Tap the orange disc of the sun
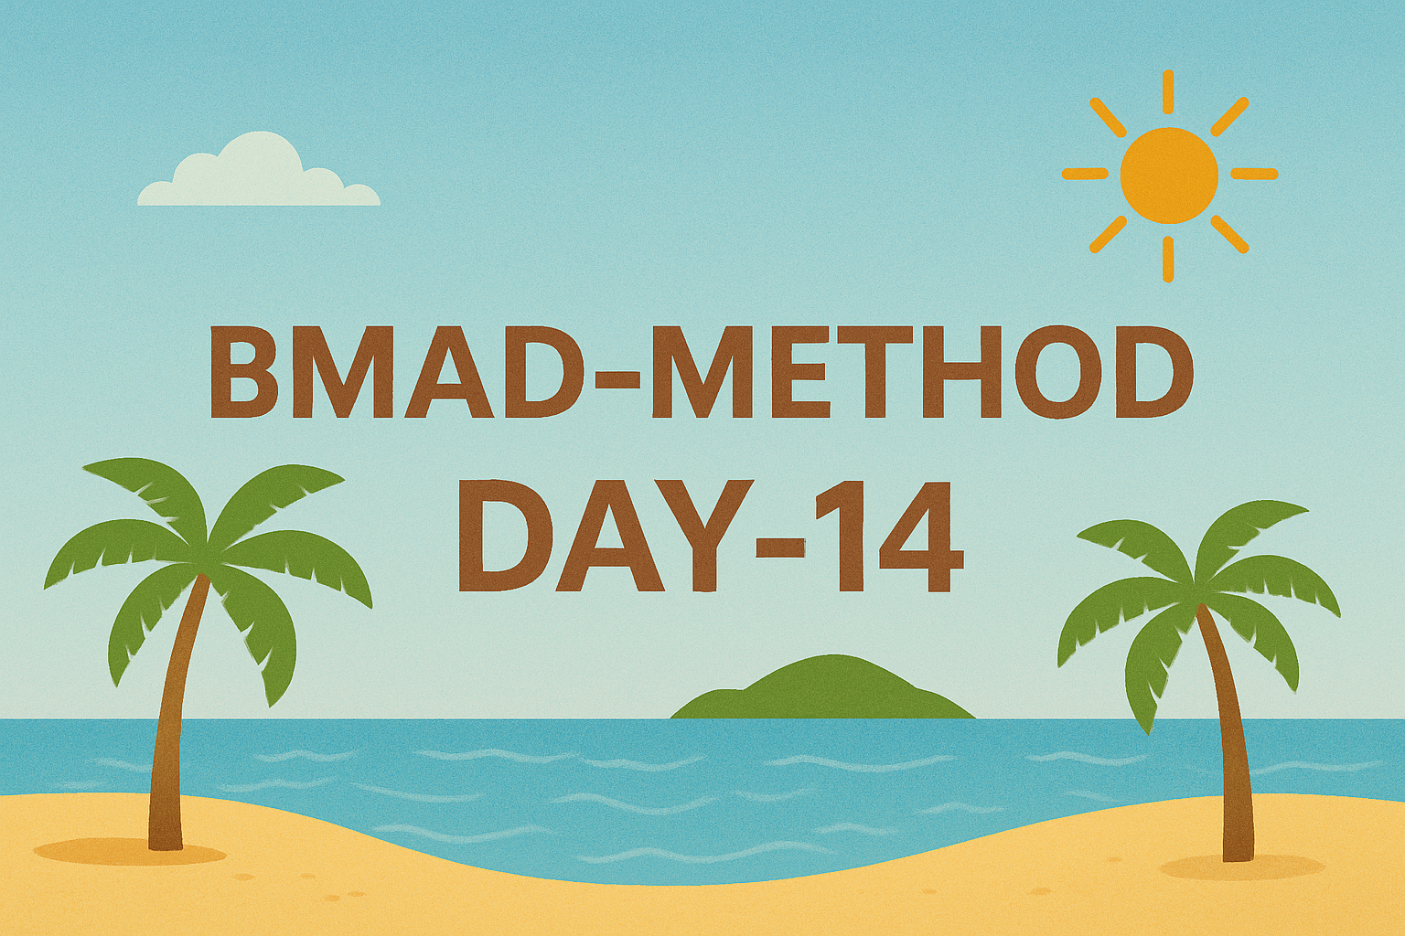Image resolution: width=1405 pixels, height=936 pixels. point(1169,176)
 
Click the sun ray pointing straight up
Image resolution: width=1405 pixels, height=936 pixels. point(1168,101)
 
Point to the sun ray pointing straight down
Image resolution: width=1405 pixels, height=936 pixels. point(1168,259)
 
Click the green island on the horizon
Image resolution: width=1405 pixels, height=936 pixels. point(823,687)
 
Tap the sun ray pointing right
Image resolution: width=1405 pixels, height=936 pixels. point(1254,174)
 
